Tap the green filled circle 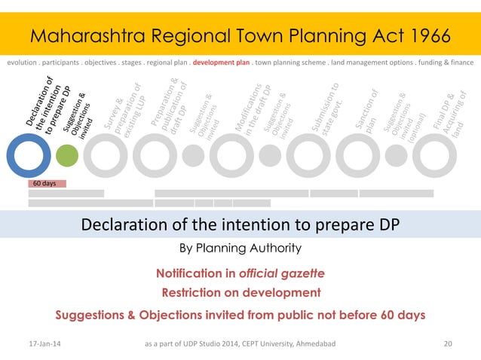point(67,154)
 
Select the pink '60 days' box point(47,183)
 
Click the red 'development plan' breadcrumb point(221,63)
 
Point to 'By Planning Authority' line point(240,248)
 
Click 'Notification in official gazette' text point(240,272)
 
